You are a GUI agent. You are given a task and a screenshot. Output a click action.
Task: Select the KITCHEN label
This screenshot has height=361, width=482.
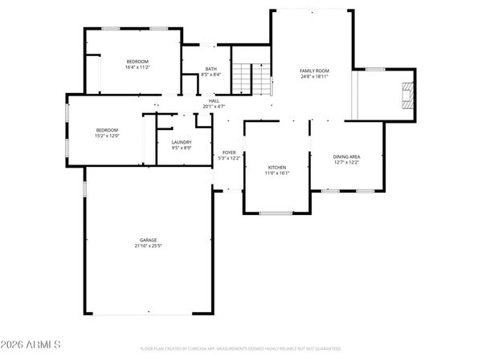[x=277, y=167]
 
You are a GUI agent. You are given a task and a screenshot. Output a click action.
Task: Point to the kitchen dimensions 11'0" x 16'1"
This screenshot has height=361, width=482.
[x=277, y=172]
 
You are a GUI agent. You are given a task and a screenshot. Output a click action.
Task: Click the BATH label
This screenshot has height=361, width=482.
[x=210, y=69]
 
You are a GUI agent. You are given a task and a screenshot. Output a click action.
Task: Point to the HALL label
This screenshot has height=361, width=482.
[x=214, y=100]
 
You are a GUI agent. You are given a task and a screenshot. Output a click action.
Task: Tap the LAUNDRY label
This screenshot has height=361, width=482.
[x=181, y=142]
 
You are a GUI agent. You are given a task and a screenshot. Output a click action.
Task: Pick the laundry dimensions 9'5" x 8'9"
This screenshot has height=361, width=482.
[x=181, y=148]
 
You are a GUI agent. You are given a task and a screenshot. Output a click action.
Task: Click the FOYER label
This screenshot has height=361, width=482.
[x=229, y=152]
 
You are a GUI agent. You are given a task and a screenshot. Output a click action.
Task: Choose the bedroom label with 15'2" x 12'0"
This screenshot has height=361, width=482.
[x=108, y=130]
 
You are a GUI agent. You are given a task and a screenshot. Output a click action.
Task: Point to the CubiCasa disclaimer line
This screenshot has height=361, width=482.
[x=241, y=349]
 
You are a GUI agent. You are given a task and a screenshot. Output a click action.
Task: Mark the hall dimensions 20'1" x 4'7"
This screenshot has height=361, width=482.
[x=214, y=106]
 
